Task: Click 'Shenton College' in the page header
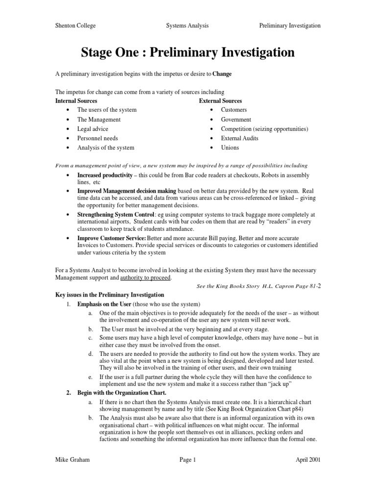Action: click(x=75, y=25)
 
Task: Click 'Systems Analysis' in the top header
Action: click(x=188, y=25)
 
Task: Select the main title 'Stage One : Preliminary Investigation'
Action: click(x=188, y=52)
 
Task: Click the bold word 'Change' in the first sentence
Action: click(x=222, y=74)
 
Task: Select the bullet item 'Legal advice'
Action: click(x=93, y=129)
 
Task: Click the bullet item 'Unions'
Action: click(x=230, y=148)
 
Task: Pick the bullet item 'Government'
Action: click(x=236, y=120)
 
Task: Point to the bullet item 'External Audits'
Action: click(x=239, y=138)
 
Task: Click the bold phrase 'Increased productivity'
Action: click(x=105, y=175)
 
